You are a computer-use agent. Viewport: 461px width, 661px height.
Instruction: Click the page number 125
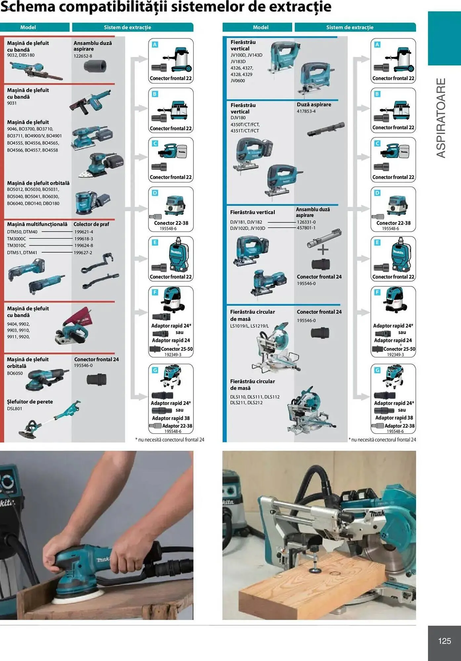point(444,641)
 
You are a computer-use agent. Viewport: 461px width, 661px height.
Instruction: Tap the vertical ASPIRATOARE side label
point(441,118)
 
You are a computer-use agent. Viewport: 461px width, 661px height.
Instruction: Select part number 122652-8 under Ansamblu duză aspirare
point(83,56)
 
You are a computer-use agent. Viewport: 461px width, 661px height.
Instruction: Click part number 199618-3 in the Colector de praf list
point(83,239)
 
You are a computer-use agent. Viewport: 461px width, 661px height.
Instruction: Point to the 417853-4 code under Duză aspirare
point(306,111)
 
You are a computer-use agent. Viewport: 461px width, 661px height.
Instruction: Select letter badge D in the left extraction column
point(155,193)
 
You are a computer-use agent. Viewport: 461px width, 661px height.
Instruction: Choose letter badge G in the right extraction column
point(377,370)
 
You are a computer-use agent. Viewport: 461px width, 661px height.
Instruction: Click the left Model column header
point(28,27)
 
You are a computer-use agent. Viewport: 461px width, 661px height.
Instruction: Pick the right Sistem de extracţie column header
point(350,27)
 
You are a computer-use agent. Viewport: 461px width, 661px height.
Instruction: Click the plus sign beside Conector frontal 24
point(323,250)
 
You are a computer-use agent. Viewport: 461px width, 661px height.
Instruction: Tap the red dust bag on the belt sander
point(81,316)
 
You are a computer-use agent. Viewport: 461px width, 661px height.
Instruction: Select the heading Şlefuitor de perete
point(30,402)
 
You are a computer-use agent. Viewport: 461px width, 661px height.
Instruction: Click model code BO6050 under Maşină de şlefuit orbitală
point(15,373)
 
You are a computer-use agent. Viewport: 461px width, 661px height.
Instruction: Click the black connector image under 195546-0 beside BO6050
point(97,379)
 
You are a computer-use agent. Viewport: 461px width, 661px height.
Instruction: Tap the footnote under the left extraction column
point(170,440)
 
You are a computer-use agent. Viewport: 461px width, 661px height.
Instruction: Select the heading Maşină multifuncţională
point(37,224)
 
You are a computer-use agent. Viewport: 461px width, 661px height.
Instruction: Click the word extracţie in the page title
point(298,7)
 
